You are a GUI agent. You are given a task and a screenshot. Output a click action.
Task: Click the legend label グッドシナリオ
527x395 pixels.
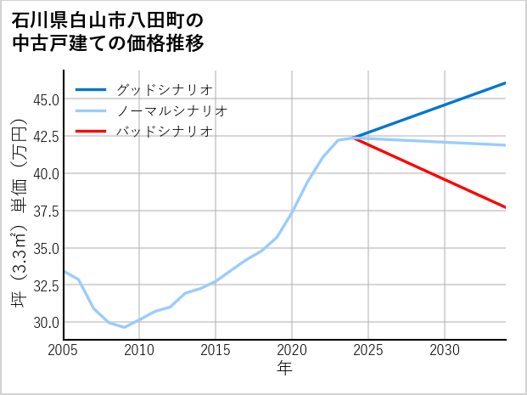click(x=164, y=89)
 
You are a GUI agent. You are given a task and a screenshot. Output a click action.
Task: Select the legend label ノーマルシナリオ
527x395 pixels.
click(x=171, y=110)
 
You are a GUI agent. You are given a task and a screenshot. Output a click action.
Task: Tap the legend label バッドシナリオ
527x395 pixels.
click(x=164, y=132)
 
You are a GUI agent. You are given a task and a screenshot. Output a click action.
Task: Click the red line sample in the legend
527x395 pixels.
click(x=91, y=132)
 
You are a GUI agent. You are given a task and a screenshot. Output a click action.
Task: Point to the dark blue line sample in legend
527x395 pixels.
click(x=91, y=89)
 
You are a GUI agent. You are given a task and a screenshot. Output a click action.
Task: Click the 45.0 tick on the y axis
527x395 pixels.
click(x=46, y=99)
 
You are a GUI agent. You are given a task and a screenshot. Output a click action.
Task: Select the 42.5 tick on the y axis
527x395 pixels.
click(x=46, y=137)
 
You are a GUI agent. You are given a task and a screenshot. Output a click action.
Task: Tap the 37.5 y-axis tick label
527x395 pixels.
click(x=46, y=211)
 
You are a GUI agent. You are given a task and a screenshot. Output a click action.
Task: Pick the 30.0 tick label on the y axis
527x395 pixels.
click(x=46, y=323)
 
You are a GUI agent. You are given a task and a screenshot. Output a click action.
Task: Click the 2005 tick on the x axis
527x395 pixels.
click(x=64, y=350)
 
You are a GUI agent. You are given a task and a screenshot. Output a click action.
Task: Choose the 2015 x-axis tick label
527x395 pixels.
click(x=216, y=350)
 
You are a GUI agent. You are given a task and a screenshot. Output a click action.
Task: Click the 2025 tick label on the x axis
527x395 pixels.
click(x=368, y=350)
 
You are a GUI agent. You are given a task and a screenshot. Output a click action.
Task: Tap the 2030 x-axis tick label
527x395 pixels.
click(x=445, y=350)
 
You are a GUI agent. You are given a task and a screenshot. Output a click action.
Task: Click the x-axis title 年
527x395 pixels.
click(x=284, y=369)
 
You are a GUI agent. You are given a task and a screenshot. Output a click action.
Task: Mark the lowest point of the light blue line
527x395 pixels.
click(x=125, y=327)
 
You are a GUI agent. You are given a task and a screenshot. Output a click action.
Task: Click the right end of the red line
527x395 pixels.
click(x=506, y=207)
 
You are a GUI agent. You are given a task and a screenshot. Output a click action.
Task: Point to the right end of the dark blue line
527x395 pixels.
click(x=506, y=83)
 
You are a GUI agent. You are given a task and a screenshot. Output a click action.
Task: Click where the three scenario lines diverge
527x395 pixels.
click(x=353, y=138)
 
